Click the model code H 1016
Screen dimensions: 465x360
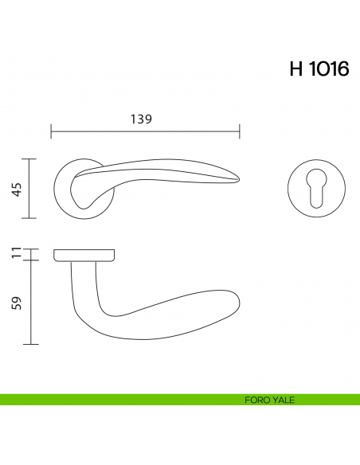click(319, 69)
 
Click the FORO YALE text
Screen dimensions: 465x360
click(270, 400)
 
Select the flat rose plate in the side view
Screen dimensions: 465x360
click(84, 255)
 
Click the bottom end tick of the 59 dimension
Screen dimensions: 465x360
click(30, 344)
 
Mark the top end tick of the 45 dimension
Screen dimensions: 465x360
click(30, 158)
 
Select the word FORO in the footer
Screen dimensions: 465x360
click(256, 400)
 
